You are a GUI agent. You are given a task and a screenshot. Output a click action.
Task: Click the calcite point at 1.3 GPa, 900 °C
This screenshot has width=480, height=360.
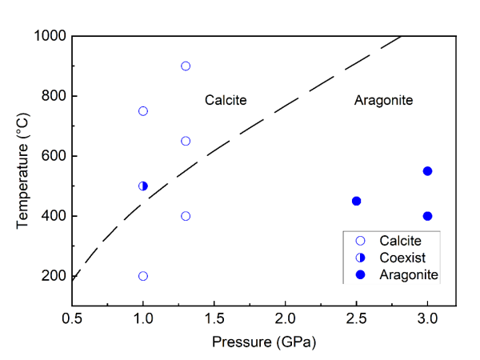pyautogui.click(x=186, y=66)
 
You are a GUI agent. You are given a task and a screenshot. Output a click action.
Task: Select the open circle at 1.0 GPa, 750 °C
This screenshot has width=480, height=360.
pyautogui.click(x=143, y=111)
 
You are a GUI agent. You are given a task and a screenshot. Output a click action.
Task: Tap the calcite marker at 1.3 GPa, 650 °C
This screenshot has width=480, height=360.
pyautogui.click(x=186, y=141)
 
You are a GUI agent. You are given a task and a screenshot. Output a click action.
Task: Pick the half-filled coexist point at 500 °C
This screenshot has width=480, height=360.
pyautogui.click(x=143, y=186)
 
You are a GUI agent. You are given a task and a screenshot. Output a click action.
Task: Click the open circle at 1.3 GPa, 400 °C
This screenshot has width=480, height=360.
pyautogui.click(x=186, y=216)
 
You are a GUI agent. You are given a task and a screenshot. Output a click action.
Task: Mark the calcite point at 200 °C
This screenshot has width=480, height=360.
pyautogui.click(x=143, y=276)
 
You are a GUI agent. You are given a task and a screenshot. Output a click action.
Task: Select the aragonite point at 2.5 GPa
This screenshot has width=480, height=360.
pyautogui.click(x=356, y=201)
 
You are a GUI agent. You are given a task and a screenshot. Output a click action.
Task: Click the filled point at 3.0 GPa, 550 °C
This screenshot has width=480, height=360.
pyautogui.click(x=427, y=171)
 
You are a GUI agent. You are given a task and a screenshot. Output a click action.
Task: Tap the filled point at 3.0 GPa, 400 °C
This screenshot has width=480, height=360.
pyautogui.click(x=427, y=216)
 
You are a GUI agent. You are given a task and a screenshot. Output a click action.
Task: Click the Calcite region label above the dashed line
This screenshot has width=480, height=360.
pyautogui.click(x=226, y=101)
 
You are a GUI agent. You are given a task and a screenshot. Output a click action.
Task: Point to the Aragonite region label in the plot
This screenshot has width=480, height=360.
pyautogui.click(x=383, y=101)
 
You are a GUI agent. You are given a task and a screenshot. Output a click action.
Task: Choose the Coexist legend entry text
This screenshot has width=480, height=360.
pyautogui.click(x=402, y=258)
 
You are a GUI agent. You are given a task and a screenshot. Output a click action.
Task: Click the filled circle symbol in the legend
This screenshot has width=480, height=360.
pyautogui.click(x=360, y=274)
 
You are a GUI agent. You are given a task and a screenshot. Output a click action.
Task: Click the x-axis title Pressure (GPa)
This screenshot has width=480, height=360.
pyautogui.click(x=263, y=342)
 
